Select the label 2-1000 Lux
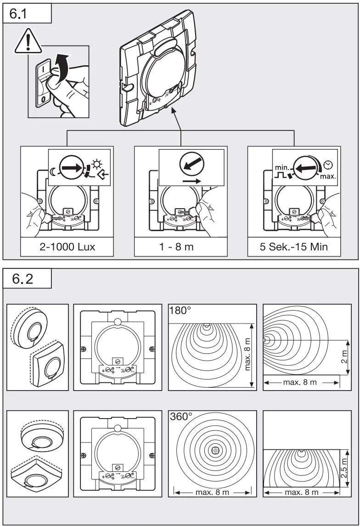(x=67, y=247)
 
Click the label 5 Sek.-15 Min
(x=294, y=247)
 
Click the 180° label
(x=180, y=311)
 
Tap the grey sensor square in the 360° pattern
(x=214, y=451)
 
